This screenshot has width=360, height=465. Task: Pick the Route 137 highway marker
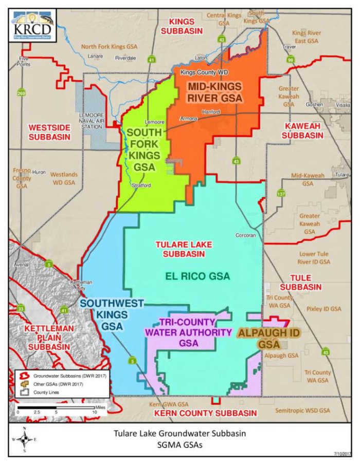click(x=281, y=194)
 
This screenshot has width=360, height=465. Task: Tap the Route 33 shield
click(x=21, y=308)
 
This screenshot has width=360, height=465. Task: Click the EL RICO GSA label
click(x=197, y=276)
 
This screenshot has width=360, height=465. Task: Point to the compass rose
click(x=24, y=439)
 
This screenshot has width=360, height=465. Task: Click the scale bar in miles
click(x=56, y=408)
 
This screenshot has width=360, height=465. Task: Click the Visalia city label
click(x=343, y=103)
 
